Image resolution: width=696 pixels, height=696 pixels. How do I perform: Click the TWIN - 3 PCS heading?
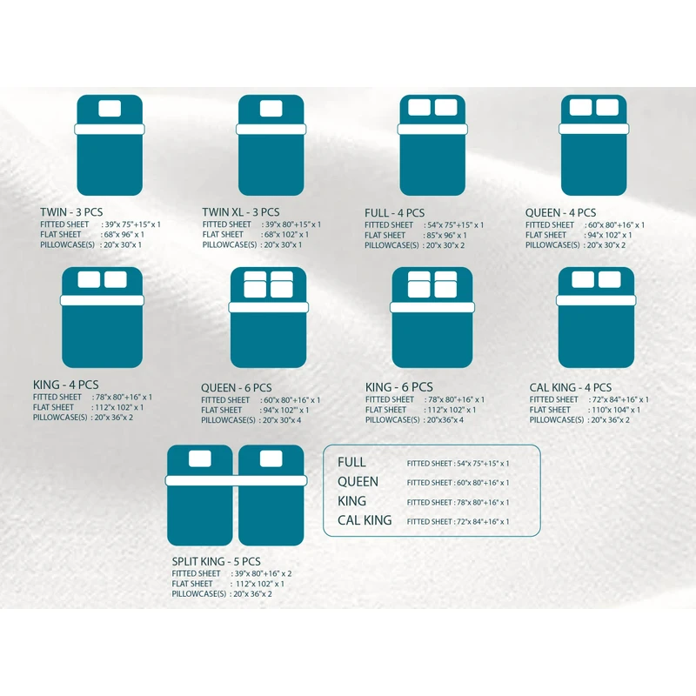coord(73,212)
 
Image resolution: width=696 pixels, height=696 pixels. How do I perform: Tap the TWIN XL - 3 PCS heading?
coord(241,212)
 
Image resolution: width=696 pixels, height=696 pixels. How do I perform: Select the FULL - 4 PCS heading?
coord(394,213)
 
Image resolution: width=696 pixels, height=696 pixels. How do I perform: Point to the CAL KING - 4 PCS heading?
coord(570,388)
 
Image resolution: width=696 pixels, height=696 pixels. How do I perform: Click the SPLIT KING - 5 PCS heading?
coord(217,562)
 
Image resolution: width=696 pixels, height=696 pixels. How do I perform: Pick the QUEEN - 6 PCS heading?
coord(236,388)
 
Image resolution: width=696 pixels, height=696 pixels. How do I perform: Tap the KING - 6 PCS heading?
coord(399,387)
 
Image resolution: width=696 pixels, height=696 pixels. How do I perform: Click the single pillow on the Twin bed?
coord(110,109)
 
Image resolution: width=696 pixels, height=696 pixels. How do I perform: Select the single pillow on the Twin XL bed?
coord(271,109)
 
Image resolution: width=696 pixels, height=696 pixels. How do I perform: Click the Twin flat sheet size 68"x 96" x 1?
coord(123,235)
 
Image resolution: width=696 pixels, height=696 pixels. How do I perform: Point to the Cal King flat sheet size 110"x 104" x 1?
coord(614,410)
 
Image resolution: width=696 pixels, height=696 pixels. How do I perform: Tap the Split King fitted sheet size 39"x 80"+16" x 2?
coord(263,574)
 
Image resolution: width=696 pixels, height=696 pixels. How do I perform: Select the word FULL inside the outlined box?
coord(351,463)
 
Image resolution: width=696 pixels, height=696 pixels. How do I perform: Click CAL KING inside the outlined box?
coord(365,520)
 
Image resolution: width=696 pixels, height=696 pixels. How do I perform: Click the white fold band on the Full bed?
coord(433,130)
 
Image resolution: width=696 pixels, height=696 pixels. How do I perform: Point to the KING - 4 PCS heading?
coord(65,385)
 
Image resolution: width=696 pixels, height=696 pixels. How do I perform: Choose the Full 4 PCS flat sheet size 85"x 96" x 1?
coord(445,235)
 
